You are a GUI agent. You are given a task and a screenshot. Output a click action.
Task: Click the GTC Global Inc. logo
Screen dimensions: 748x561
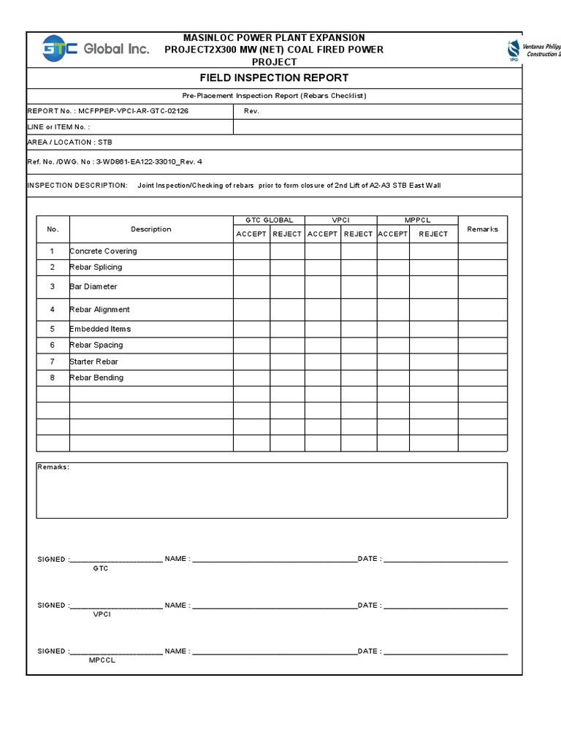(x=96, y=49)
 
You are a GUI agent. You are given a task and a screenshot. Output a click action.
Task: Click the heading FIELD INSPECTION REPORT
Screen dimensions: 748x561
(x=274, y=78)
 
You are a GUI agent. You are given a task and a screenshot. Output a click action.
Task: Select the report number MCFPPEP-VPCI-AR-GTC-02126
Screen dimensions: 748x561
(x=136, y=111)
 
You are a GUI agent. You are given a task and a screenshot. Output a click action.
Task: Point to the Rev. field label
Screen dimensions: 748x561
(x=251, y=111)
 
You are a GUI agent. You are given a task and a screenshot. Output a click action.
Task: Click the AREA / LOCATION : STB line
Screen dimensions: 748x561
(x=70, y=142)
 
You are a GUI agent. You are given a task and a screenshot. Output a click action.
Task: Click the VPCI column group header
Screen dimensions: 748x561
(x=340, y=220)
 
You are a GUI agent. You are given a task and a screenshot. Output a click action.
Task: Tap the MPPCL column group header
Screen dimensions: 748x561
(x=417, y=220)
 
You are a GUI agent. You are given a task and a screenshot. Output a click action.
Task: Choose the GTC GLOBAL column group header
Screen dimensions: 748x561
(x=269, y=220)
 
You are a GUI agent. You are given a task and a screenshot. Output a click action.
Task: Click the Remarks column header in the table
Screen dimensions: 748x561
(x=482, y=229)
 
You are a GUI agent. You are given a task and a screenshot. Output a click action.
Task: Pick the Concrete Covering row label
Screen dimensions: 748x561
(x=104, y=251)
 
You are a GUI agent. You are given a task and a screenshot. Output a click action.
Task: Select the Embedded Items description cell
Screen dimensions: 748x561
(x=101, y=329)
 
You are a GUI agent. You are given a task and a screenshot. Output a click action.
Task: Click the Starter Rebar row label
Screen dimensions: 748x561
(x=94, y=362)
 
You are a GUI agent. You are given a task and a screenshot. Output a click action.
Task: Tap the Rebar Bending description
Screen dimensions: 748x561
(x=97, y=378)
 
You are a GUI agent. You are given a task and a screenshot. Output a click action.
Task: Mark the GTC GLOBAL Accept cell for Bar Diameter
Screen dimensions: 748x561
(x=251, y=287)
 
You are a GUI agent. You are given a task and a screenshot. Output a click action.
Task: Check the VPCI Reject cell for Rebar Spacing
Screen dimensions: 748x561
(x=358, y=345)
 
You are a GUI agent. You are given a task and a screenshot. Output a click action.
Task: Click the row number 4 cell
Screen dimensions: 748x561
(x=53, y=310)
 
